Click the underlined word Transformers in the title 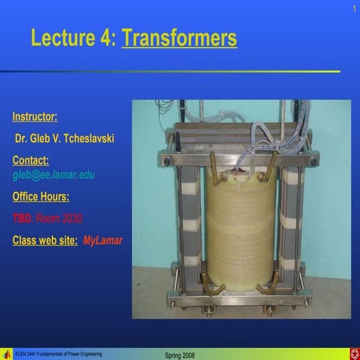pyautogui.click(x=179, y=37)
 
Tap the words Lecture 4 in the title pyautogui.click(x=73, y=37)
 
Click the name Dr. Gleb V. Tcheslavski pyautogui.click(x=64, y=139)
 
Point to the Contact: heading pyautogui.click(x=31, y=160)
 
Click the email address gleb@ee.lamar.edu pyautogui.click(x=53, y=175)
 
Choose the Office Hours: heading pyautogui.click(x=41, y=196)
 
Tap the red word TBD pyautogui.click(x=22, y=218)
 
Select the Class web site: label pyautogui.click(x=45, y=241)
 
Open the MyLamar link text pyautogui.click(x=103, y=241)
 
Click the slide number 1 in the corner pyautogui.click(x=352, y=8)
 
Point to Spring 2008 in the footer pyautogui.click(x=179, y=354)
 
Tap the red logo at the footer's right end pyautogui.click(x=353, y=353)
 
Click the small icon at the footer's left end pyautogui.click(x=7, y=353)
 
